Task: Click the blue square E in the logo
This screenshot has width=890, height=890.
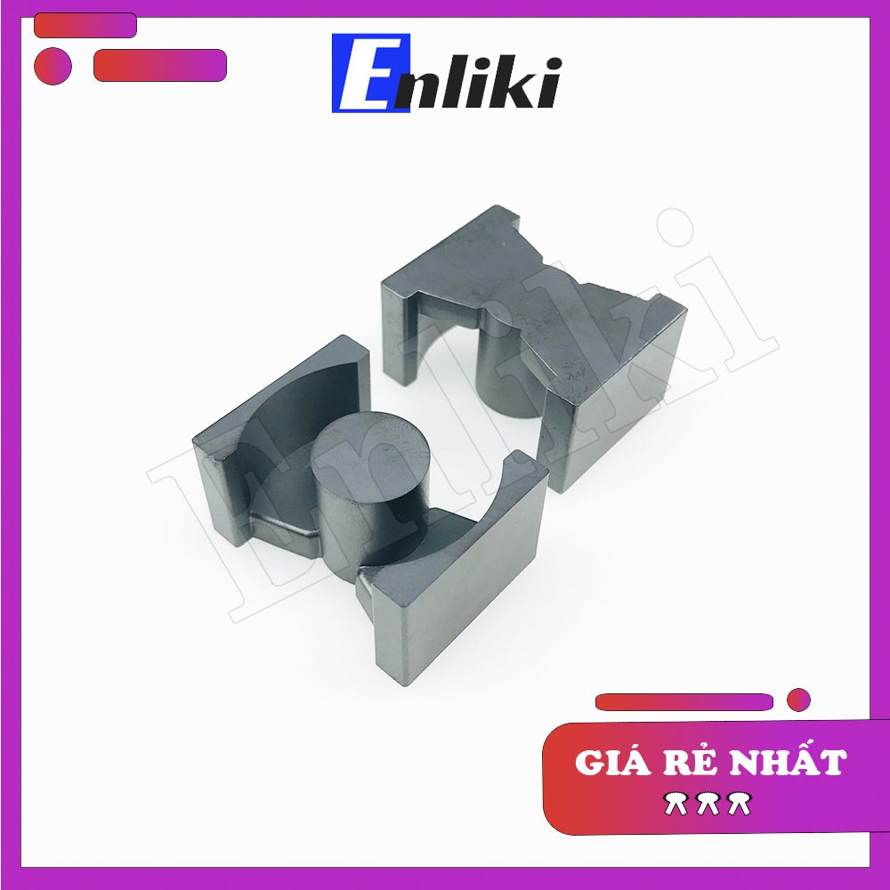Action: point(370,73)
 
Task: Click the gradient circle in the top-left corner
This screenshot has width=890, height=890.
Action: point(53,66)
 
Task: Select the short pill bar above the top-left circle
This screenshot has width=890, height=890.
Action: point(85,26)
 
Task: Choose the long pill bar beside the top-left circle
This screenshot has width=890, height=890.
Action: point(160,65)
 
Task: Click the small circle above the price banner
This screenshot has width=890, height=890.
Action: point(798,700)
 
